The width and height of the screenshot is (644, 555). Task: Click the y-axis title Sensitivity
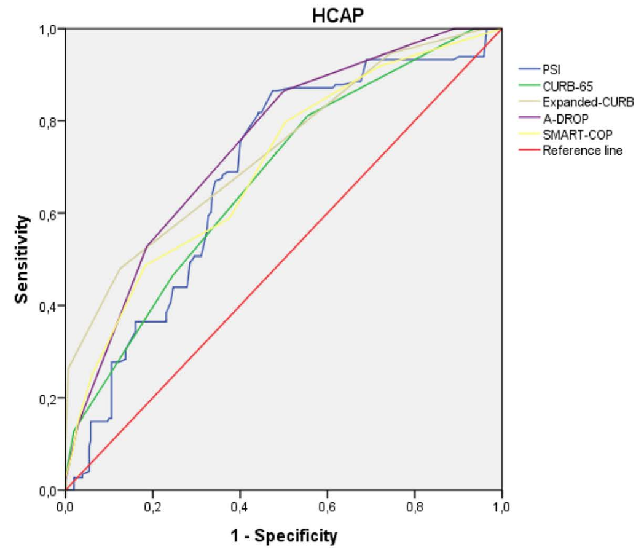click(x=23, y=259)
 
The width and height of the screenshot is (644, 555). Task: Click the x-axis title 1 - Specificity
click(x=284, y=535)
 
